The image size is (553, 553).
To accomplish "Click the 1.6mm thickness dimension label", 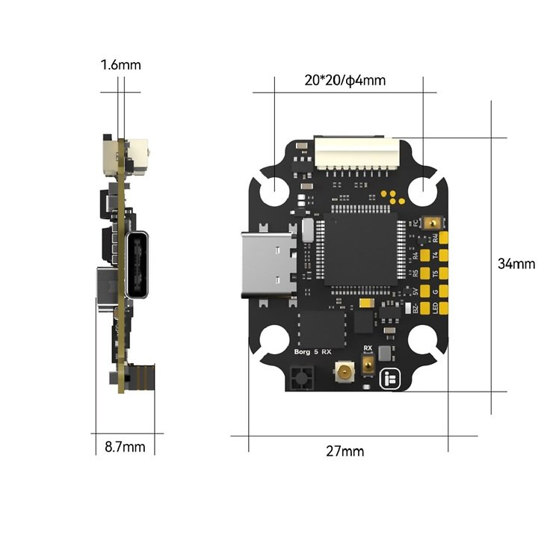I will [120, 65].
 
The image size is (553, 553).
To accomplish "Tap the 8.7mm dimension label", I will [125, 448].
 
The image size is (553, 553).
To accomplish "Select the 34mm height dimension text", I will [516, 264].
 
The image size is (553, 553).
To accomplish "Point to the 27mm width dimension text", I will [345, 451].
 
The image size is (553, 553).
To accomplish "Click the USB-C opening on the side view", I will [140, 267].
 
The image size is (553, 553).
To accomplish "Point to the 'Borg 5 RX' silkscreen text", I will [310, 350].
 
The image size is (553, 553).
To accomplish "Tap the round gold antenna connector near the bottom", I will [345, 371].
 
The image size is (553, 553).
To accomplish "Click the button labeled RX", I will [368, 365].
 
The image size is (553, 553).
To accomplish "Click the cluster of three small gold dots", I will [387, 196].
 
